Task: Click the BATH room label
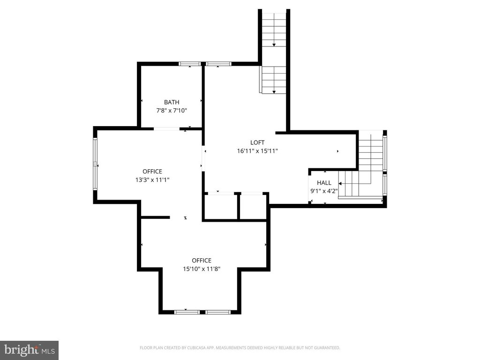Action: pos(172,102)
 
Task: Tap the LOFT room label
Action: pos(257,142)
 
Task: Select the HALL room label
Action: pos(324,183)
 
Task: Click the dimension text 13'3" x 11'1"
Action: pos(152,180)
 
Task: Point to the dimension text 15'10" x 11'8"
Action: pos(202,269)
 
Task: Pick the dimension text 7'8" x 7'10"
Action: pos(172,111)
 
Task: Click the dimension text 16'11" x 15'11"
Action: pos(257,151)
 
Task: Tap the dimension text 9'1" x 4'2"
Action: pos(324,191)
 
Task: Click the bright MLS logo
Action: pos(30,350)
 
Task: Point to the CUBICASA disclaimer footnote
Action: pos(240,348)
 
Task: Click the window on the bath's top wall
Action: pos(190,64)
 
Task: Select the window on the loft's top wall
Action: pos(218,64)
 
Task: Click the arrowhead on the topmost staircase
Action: pos(274,45)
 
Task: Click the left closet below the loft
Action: pos(221,206)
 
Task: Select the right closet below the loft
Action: pos(253,206)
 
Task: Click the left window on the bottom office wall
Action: pos(187,312)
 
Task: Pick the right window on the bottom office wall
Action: pos(217,312)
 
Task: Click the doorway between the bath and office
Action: pos(166,129)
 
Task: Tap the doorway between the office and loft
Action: pos(203,158)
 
